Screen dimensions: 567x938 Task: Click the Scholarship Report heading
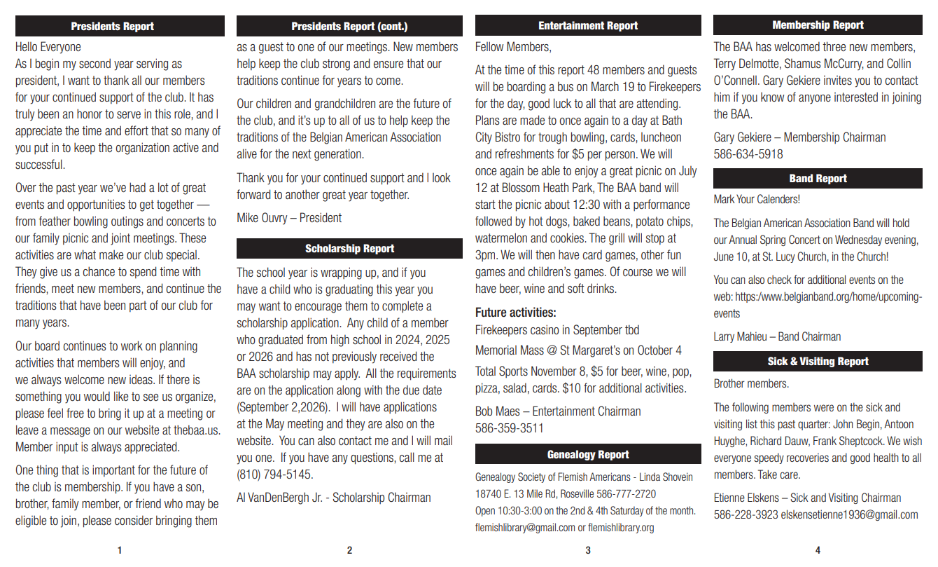[349, 249]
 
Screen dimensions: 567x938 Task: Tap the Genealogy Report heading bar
[587, 454]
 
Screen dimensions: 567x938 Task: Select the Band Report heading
[818, 179]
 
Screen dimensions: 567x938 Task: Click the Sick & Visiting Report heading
[818, 362]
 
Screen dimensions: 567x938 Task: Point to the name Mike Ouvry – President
[289, 218]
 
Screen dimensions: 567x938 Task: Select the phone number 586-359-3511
[509, 428]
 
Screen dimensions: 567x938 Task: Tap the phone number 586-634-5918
[748, 154]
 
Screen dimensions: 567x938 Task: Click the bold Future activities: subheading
[515, 313]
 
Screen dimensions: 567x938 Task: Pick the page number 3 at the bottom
[587, 551]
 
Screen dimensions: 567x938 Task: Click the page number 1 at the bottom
[120, 551]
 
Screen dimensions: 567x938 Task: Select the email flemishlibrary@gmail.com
[524, 528]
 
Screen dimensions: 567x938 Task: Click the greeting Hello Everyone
[48, 47]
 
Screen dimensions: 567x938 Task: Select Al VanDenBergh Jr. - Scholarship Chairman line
[333, 498]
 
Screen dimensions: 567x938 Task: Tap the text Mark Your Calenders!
[756, 200]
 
